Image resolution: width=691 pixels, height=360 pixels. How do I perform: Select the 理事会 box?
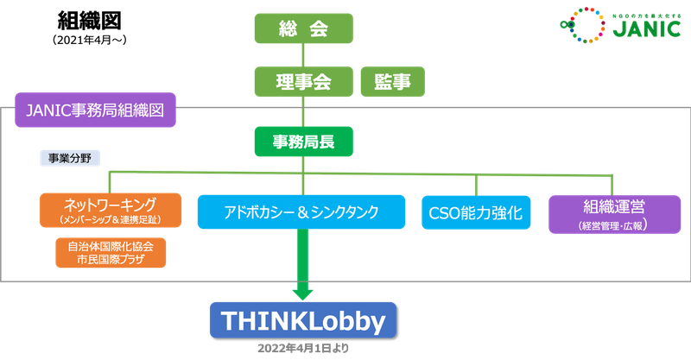(303, 82)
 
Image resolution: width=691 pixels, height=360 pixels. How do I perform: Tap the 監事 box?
(392, 82)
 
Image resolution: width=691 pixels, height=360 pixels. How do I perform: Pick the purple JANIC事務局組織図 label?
(96, 111)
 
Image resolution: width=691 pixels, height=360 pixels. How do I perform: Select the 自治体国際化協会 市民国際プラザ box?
(110, 251)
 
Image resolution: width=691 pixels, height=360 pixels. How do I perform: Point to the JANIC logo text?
(638, 28)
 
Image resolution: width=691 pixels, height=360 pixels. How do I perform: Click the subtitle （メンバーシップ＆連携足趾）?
(110, 221)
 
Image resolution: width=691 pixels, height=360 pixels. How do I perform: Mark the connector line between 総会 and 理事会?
(303, 56)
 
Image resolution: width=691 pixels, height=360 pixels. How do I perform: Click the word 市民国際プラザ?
(110, 258)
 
